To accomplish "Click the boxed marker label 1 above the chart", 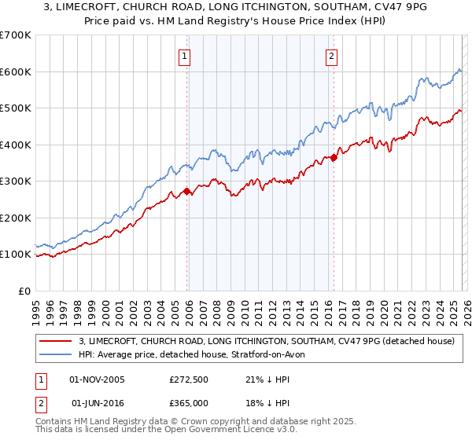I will coord(184,56).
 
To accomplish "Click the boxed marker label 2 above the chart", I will coord(331,56).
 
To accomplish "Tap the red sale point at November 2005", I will coord(186,191).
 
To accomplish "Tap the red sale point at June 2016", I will coord(334,157).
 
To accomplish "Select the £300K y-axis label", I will coord(16,181).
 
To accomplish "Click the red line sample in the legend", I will coord(57,342).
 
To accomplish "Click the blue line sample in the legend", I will coord(57,355).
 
